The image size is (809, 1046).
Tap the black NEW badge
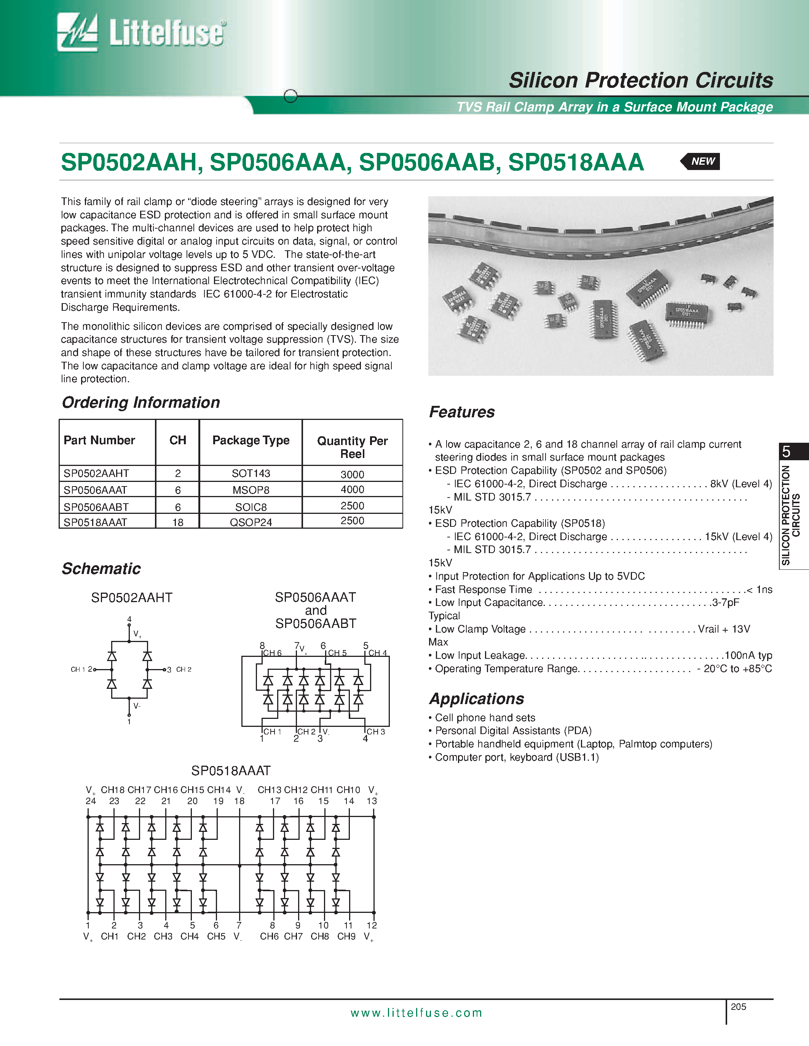[701, 161]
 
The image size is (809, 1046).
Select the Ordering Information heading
[141, 402]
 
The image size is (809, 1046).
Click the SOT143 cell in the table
[251, 473]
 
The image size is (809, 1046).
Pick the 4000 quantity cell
[352, 490]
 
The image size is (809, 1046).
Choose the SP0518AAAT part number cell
[96, 522]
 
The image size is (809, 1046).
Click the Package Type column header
[251, 440]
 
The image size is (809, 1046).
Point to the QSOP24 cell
[251, 522]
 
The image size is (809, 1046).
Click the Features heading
[461, 412]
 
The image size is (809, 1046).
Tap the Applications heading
[476, 699]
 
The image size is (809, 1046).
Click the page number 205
[739, 1007]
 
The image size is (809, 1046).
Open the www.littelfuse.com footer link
[416, 1013]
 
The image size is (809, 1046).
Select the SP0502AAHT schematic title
[132, 598]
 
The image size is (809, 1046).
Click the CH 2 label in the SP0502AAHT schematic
[184, 669]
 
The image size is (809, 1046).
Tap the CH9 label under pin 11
[346, 936]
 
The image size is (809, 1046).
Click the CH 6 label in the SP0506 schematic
[272, 653]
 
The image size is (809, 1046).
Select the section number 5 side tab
[787, 451]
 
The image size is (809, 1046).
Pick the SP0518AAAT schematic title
[231, 771]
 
